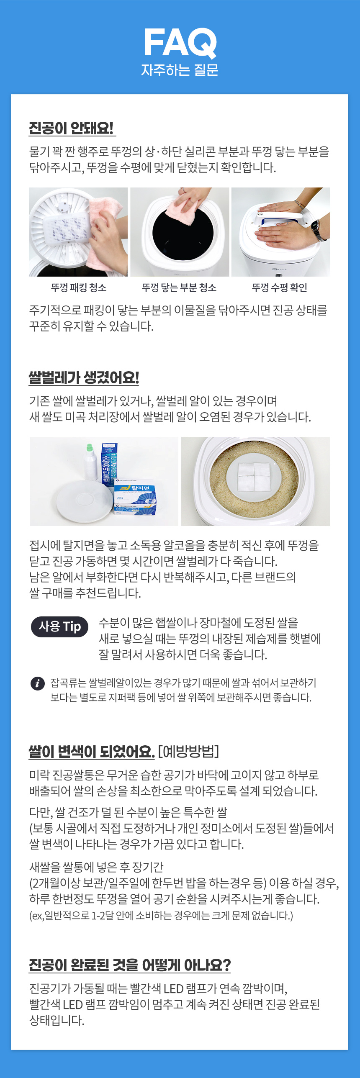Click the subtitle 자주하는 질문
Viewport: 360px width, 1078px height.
[x=180, y=69]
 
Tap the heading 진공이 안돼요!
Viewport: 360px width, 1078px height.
[x=71, y=128]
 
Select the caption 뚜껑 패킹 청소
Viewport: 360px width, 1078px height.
[x=79, y=287]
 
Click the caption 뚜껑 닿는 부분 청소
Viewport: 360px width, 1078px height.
[x=179, y=287]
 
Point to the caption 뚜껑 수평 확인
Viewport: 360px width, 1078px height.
[x=280, y=287]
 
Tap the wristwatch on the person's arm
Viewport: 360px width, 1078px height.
[x=317, y=230]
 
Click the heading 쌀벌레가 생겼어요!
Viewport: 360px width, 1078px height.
[x=84, y=377]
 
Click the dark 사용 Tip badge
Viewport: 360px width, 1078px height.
[x=59, y=626]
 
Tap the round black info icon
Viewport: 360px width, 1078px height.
[x=38, y=683]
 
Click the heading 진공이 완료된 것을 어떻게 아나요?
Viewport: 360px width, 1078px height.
[x=130, y=965]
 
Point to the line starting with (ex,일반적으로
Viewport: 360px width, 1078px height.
[x=161, y=916]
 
